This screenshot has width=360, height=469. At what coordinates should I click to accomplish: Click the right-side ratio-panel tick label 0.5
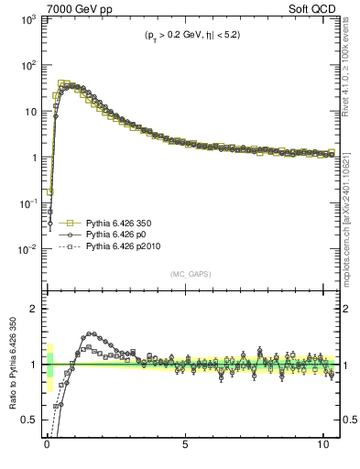click(347, 420)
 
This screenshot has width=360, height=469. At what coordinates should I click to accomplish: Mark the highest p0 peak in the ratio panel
click(91, 333)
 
